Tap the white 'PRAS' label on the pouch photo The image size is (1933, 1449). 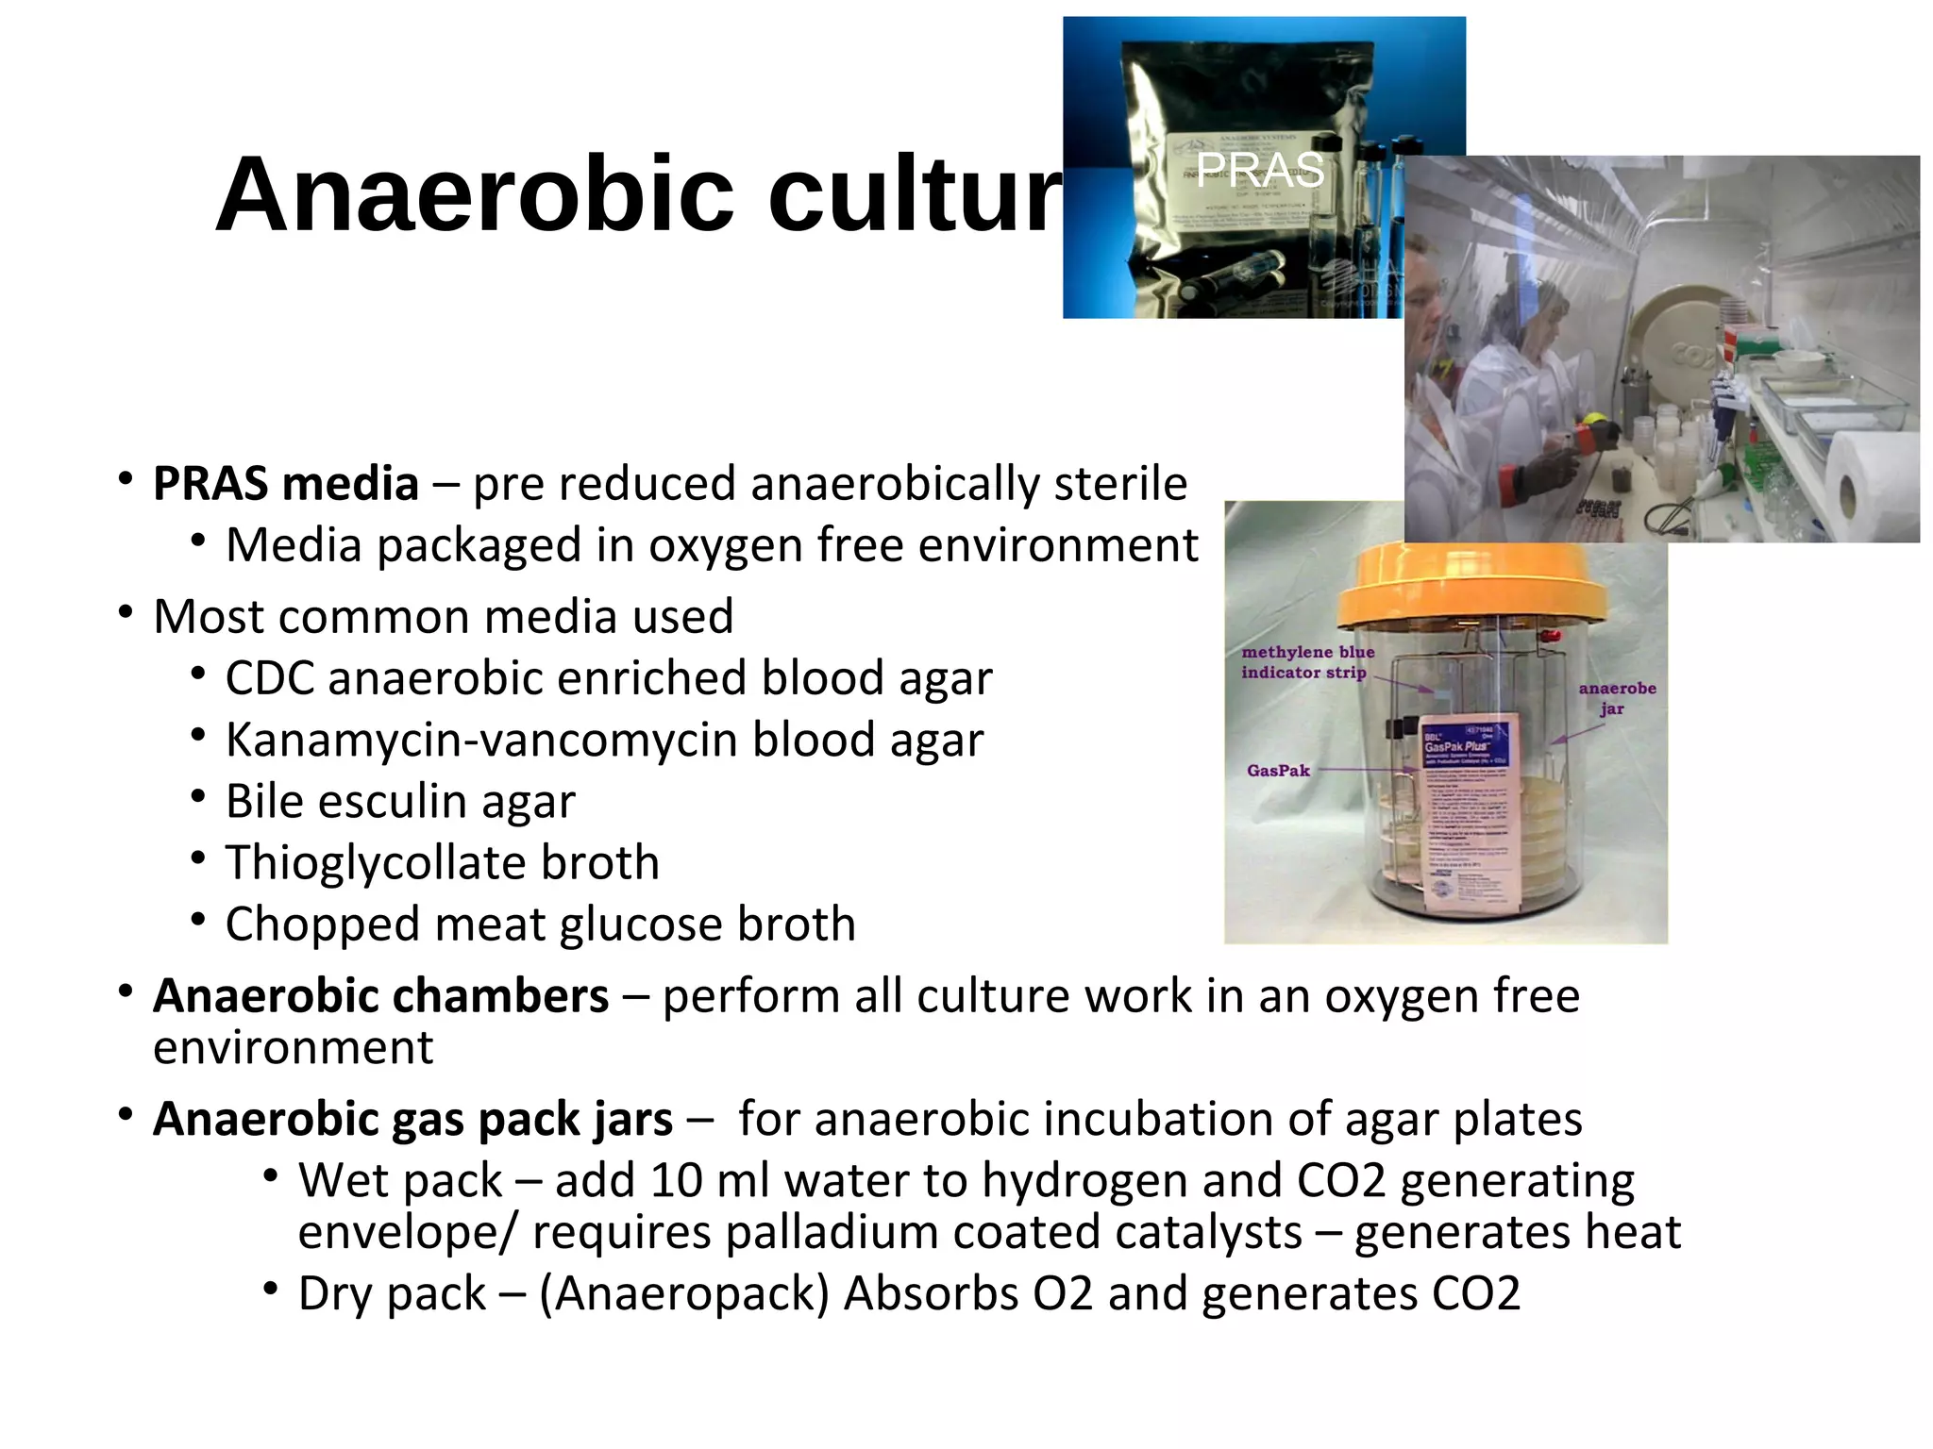pyautogui.click(x=1260, y=170)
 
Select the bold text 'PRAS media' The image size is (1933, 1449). pyautogui.click(x=286, y=484)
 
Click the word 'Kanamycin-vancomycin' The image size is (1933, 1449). pyautogui.click(x=482, y=740)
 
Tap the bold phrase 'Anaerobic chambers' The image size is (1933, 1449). pyautogui.click(x=380, y=996)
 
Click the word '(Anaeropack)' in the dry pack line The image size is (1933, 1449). pyautogui.click(x=684, y=1293)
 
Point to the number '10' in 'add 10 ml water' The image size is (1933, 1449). pyautogui.click(x=676, y=1181)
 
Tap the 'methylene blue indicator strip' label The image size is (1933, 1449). pyautogui.click(x=1307, y=662)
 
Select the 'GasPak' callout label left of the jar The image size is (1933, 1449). pyautogui.click(x=1278, y=771)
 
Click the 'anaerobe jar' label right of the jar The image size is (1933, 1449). pyautogui.click(x=1617, y=698)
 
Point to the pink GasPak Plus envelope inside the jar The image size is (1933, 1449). pyautogui.click(x=1467, y=811)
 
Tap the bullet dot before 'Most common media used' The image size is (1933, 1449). pyautogui.click(x=126, y=613)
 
